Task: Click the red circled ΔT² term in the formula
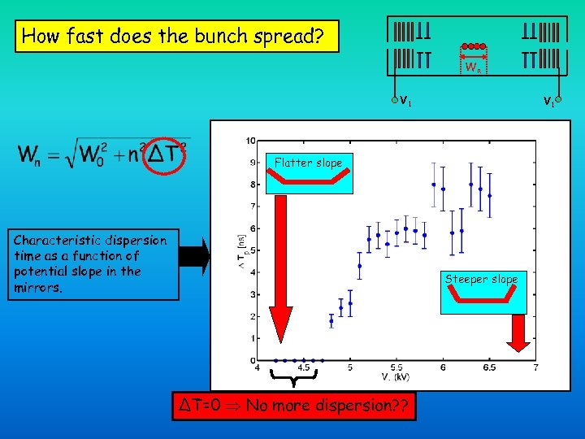point(167,153)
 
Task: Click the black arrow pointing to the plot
point(194,256)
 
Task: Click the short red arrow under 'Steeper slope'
point(518,333)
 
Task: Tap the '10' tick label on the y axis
point(251,141)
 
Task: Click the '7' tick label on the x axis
point(535,367)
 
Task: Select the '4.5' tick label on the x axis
point(303,367)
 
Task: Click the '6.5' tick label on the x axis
point(489,367)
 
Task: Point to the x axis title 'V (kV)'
point(395,376)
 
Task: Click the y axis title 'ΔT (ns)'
point(240,252)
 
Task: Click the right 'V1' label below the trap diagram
point(549,102)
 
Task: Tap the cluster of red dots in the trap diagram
point(472,46)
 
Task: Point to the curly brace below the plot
point(293,376)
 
